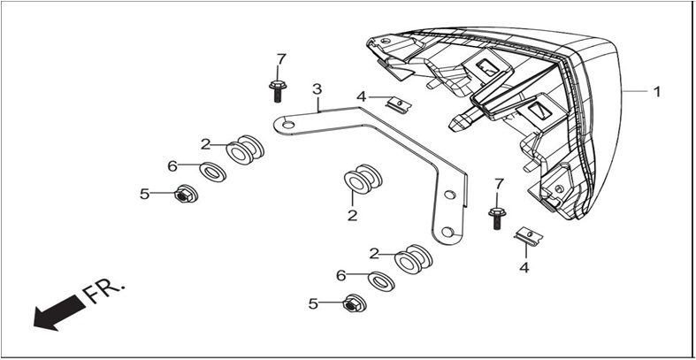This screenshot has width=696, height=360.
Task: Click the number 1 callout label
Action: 656,92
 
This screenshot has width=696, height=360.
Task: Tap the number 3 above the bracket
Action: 317,89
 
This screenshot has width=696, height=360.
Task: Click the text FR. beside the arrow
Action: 103,291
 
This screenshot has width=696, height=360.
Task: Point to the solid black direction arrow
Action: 59,313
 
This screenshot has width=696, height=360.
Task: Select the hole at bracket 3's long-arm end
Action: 288,125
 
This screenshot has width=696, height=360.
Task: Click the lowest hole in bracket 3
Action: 447,231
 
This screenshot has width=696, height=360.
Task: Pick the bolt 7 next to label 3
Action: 278,91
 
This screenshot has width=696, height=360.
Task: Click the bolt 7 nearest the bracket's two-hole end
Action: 497,218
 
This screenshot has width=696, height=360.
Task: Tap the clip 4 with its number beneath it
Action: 528,236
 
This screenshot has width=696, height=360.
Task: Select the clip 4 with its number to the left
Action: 399,105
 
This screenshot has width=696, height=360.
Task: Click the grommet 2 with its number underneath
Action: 363,179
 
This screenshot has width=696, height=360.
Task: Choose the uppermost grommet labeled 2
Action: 245,150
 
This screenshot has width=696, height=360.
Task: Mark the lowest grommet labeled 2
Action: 413,259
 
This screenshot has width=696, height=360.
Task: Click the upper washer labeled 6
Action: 212,172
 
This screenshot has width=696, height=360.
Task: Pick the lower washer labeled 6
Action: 381,281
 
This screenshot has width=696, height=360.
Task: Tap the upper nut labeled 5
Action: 187,194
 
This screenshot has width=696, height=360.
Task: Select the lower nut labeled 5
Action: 355,303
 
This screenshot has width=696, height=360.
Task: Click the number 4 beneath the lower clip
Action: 524,268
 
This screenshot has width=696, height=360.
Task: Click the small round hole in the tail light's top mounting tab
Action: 386,41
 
